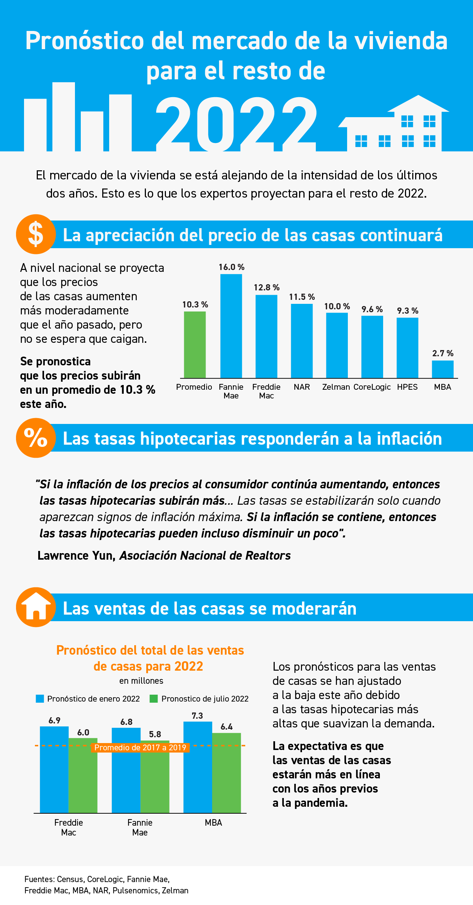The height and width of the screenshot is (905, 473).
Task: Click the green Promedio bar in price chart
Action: [x=195, y=345]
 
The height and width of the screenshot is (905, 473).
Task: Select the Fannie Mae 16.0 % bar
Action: [x=231, y=326]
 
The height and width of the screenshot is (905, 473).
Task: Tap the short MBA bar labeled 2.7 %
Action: [x=442, y=369]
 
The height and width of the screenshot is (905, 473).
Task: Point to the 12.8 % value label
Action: [x=266, y=287]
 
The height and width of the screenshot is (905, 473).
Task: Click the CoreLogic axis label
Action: [x=372, y=387]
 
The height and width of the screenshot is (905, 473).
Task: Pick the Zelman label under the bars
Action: [x=336, y=387]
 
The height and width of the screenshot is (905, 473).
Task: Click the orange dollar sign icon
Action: [x=36, y=234]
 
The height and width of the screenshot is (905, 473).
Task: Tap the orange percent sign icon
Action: [x=36, y=438]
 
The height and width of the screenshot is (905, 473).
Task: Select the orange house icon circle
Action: [x=36, y=607]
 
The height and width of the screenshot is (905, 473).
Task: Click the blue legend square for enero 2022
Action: [x=40, y=699]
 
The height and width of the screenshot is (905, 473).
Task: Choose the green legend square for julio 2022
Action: [x=154, y=699]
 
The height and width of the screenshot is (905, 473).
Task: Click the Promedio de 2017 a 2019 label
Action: [x=140, y=747]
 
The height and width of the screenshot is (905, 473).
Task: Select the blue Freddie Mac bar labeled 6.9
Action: [x=54, y=770]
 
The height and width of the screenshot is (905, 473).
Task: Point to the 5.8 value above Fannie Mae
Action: [x=155, y=734]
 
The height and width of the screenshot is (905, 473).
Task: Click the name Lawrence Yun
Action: [x=76, y=555]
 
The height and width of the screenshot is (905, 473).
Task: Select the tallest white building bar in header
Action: [x=64, y=116]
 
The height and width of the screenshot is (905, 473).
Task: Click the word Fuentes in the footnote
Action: [x=39, y=879]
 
